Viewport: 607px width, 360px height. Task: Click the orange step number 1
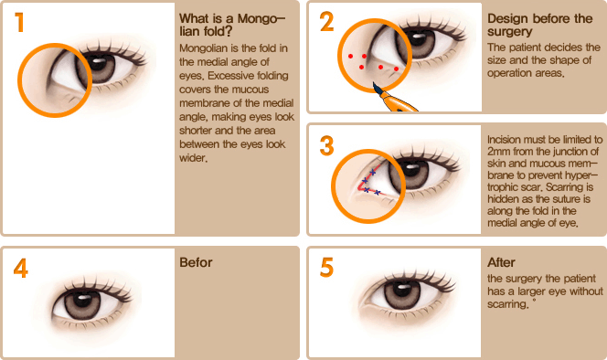[19, 23]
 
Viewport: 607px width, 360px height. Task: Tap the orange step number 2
[326, 22]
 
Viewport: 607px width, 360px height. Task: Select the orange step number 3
[326, 146]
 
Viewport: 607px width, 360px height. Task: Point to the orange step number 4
[20, 268]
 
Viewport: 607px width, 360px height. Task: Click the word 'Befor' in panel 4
[196, 262]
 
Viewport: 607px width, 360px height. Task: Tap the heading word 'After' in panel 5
[501, 262]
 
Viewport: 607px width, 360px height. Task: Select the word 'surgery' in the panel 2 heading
[510, 32]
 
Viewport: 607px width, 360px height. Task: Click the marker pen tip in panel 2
[374, 84]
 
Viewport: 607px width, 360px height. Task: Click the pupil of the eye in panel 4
[82, 301]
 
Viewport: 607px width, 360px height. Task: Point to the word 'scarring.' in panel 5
[507, 304]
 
